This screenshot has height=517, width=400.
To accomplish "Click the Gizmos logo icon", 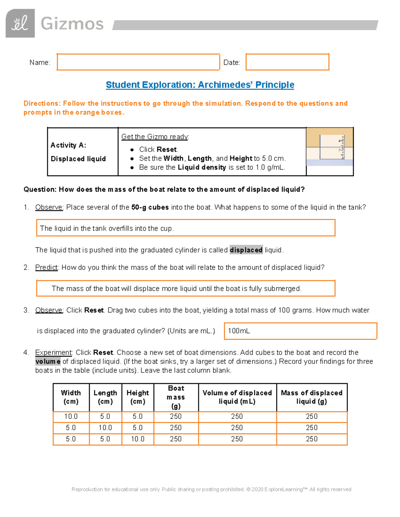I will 20,23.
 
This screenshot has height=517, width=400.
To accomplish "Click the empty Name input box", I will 138,62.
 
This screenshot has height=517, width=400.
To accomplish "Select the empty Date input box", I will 287,62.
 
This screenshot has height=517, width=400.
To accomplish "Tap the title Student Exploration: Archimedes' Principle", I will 200,85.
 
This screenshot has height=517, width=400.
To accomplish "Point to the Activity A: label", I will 68,145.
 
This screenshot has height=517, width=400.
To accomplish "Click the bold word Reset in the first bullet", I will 167,149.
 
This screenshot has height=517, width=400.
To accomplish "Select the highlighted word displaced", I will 246,250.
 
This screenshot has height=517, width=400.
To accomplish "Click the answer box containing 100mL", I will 300,331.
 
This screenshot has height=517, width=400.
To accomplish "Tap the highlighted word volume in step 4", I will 48,362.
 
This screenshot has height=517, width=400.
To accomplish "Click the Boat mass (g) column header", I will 176,397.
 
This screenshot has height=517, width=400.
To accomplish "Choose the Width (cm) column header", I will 71,397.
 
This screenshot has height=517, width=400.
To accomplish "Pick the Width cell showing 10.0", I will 71,416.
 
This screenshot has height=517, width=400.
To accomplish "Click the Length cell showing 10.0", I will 105,428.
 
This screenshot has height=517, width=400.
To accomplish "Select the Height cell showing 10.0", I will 137,439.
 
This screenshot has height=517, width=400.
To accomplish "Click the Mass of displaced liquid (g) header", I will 312,397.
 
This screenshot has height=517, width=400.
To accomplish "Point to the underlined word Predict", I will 46,268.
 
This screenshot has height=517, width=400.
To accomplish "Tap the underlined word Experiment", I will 53,353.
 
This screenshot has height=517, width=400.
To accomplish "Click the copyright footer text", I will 211,489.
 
